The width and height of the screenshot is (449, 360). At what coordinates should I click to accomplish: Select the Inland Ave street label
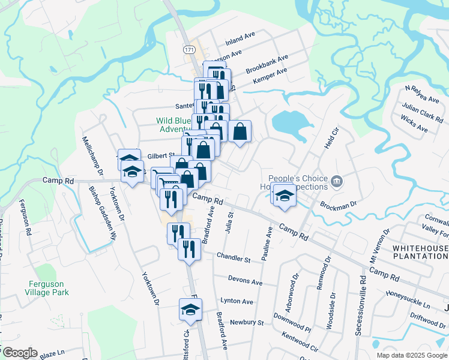coord(240,40)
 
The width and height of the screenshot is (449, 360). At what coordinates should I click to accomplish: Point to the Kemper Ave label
coord(270,76)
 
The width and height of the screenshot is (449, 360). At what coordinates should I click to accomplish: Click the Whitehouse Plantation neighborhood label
coord(420,252)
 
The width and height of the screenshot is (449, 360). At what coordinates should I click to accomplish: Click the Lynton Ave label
coord(237,301)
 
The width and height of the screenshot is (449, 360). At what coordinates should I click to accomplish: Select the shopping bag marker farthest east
coord(240,132)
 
